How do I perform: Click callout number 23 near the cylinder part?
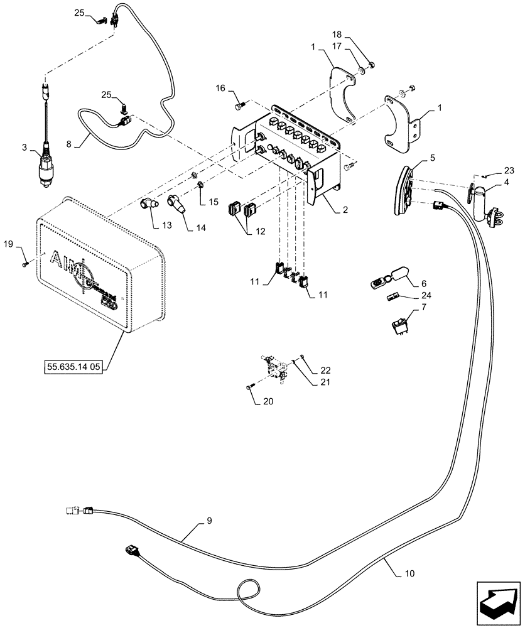(x=508, y=170)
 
